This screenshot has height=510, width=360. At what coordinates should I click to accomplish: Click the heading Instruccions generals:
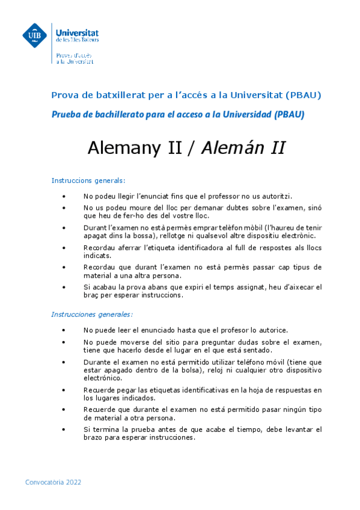pos(88,180)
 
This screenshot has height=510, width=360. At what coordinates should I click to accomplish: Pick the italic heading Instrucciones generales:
pos(92,314)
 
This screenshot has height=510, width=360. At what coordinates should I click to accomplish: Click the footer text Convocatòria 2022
pos(53,482)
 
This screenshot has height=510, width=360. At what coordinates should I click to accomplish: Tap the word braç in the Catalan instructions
pos(92,295)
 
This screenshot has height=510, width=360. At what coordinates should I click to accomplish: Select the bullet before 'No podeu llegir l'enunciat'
pos(64,196)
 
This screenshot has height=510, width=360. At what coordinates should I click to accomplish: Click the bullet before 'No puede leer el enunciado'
pos(64,330)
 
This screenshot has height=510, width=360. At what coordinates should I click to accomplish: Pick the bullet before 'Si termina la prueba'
pos(64,429)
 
